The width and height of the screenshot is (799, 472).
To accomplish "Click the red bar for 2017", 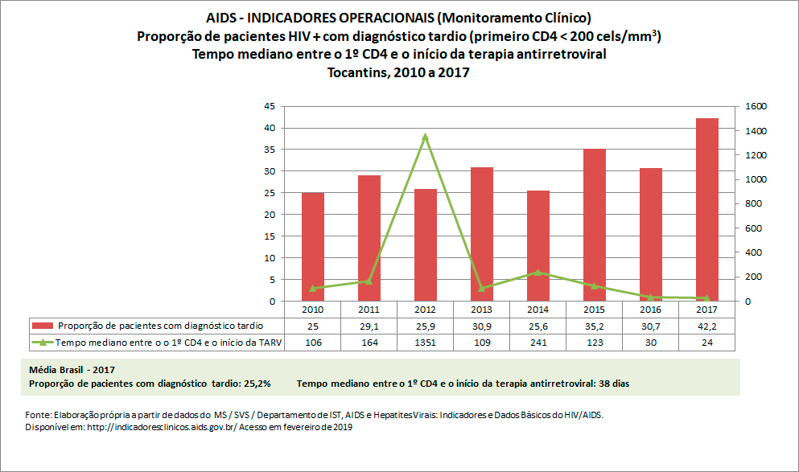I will coord(706,209).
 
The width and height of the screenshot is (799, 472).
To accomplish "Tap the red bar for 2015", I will coord(594,224).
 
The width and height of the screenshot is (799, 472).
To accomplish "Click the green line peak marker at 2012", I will coord(426,137).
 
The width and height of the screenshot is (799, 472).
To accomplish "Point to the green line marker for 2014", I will coord(537,272).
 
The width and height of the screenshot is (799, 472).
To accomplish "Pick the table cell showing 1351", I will coord(425,343).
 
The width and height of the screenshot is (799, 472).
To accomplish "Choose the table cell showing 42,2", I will coord(706,326).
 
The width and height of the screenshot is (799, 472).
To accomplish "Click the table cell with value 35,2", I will coord(594,326).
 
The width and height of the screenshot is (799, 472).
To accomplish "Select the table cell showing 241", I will coord(537,343).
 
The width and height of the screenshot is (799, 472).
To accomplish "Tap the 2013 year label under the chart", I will coord(481,309).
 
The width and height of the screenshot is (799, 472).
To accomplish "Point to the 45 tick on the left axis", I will coord(270,106).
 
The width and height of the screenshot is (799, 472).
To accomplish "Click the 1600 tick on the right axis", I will coord(756,106).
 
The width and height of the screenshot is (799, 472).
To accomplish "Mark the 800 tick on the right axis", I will coord(752,203).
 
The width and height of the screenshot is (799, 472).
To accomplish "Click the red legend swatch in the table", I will coord(43,326).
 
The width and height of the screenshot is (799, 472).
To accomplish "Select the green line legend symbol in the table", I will coord(43,343).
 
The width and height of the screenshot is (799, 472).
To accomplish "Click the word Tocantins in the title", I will coord(356,72).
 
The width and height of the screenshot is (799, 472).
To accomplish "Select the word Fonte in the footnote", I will coord(37,415).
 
